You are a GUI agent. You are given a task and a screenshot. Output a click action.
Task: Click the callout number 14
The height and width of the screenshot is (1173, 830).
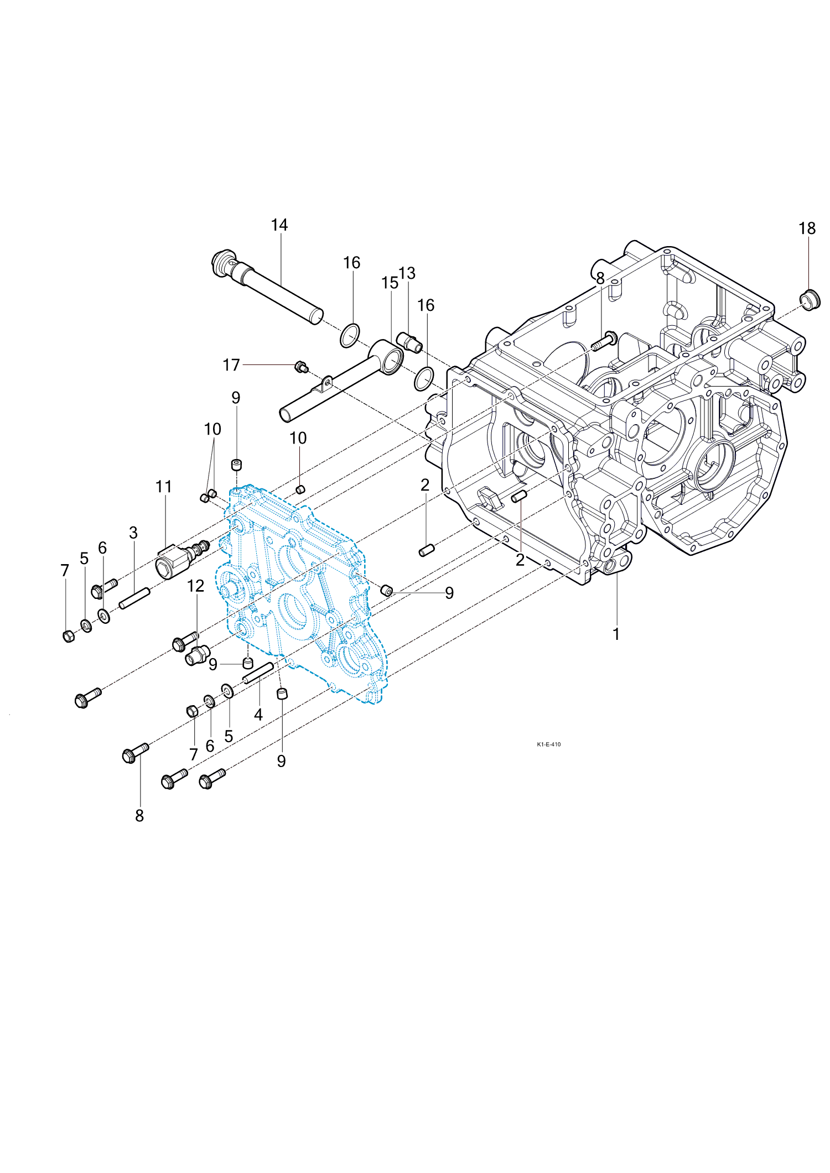click(279, 225)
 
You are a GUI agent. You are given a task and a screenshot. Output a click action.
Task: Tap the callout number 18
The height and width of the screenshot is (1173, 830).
click(807, 228)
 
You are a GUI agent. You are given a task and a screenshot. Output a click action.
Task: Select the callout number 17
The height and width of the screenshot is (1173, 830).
click(231, 365)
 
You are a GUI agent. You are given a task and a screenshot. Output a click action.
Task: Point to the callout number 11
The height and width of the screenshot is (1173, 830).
click(164, 487)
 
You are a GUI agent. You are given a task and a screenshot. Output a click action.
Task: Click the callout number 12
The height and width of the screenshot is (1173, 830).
click(196, 586)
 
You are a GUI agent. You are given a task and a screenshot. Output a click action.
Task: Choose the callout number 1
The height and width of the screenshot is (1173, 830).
click(616, 634)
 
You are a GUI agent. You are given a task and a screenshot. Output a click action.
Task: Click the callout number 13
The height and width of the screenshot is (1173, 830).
click(407, 273)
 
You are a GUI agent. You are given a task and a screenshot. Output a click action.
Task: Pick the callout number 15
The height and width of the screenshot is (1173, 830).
click(390, 283)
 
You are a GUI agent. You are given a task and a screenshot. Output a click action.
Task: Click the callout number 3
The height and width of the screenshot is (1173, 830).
click(133, 533)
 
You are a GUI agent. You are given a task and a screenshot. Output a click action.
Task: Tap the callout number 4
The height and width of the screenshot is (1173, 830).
click(258, 715)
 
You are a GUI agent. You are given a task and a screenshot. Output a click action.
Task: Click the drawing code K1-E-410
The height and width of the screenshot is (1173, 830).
click(548, 744)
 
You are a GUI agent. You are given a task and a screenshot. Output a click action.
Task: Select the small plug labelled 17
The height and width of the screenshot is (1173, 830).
click(302, 366)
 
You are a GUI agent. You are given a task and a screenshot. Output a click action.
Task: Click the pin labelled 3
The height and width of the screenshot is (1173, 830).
click(134, 598)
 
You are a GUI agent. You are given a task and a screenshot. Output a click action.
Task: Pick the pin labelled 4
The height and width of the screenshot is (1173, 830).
click(258, 672)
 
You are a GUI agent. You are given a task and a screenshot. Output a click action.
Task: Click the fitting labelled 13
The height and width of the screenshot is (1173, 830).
click(409, 343)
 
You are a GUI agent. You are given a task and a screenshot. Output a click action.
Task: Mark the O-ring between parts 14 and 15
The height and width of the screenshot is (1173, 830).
click(349, 335)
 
